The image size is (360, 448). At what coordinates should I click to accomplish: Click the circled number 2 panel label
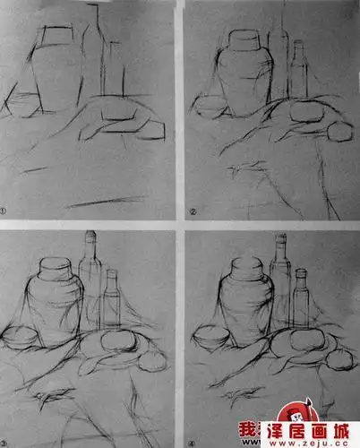point(193,212)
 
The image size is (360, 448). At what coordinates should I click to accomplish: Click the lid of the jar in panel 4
point(243,267)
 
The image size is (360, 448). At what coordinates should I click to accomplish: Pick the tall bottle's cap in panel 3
point(90,237)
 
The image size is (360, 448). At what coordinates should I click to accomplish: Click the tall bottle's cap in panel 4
point(280,239)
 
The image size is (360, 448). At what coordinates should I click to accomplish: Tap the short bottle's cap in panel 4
point(301,273)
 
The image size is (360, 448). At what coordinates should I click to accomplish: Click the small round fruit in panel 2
point(341,132)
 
